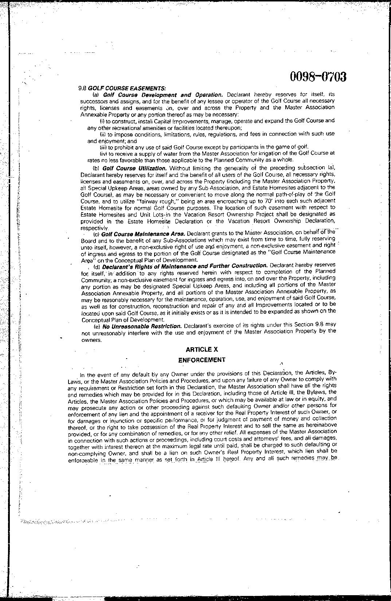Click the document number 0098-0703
pyautogui.click(x=318, y=77)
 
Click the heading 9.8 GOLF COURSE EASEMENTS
pyautogui.click(x=122, y=88)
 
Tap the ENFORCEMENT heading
pyautogui.click(x=202, y=360)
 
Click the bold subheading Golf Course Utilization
pyautogui.click(x=134, y=168)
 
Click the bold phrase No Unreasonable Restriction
pyautogui.click(x=142, y=326)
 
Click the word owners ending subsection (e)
pyautogui.click(x=91, y=340)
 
